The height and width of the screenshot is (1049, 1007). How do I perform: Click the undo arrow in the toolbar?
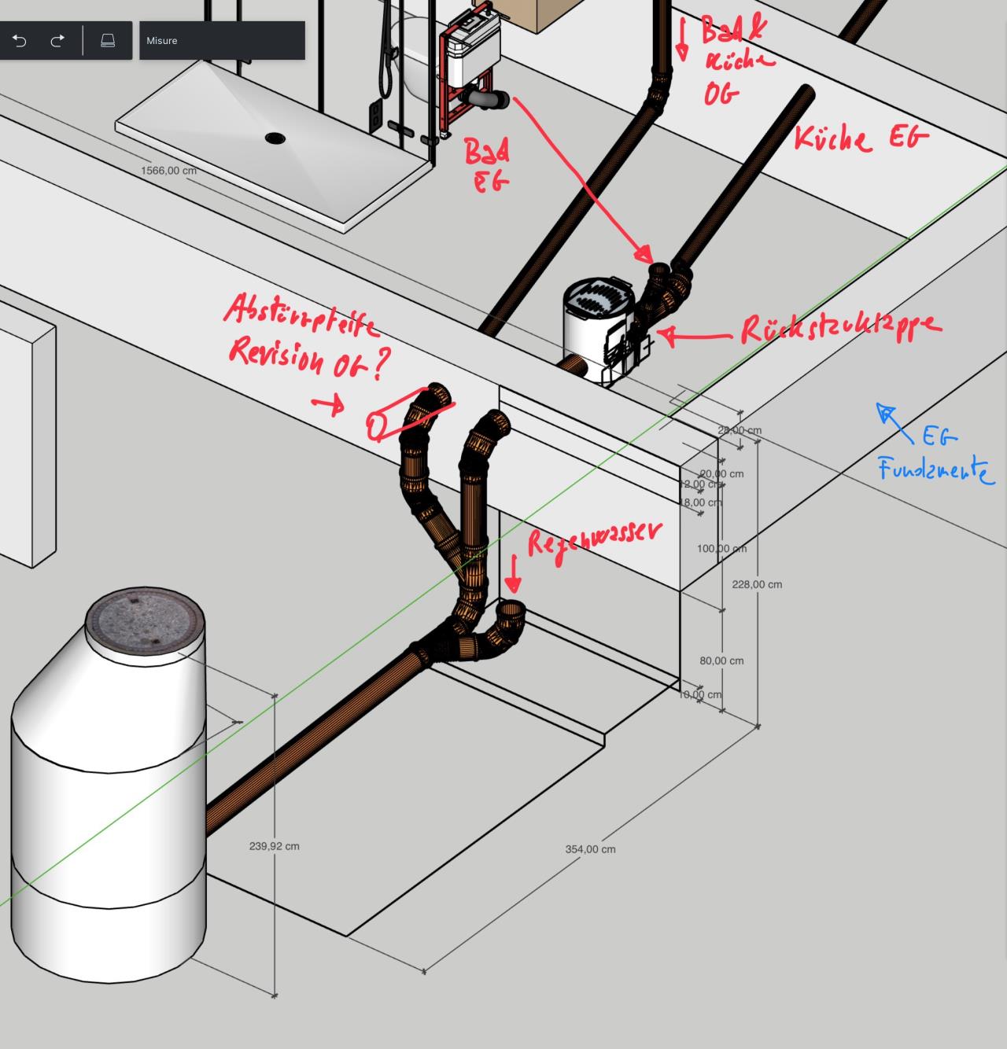pyautogui.click(x=20, y=41)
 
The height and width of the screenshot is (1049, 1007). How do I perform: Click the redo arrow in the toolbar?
pyautogui.click(x=57, y=41)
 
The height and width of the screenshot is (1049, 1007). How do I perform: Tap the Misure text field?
pyautogui.click(x=222, y=41)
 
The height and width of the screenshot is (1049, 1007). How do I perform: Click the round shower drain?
pyautogui.click(x=275, y=138)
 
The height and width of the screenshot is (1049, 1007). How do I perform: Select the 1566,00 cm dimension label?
pyautogui.click(x=168, y=171)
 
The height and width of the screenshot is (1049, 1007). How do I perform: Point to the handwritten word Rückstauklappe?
pyautogui.click(x=840, y=328)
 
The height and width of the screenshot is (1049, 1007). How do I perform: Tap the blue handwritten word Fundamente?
pyautogui.click(x=935, y=470)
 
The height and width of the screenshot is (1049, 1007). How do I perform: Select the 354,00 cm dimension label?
pyautogui.click(x=590, y=849)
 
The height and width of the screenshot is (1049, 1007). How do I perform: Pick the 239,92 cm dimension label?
pyautogui.click(x=274, y=846)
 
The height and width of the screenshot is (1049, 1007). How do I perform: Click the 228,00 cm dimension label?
pyautogui.click(x=757, y=584)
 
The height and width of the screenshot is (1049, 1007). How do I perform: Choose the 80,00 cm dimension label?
pyautogui.click(x=721, y=661)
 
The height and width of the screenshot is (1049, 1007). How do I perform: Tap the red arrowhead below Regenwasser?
pyautogui.click(x=513, y=586)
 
